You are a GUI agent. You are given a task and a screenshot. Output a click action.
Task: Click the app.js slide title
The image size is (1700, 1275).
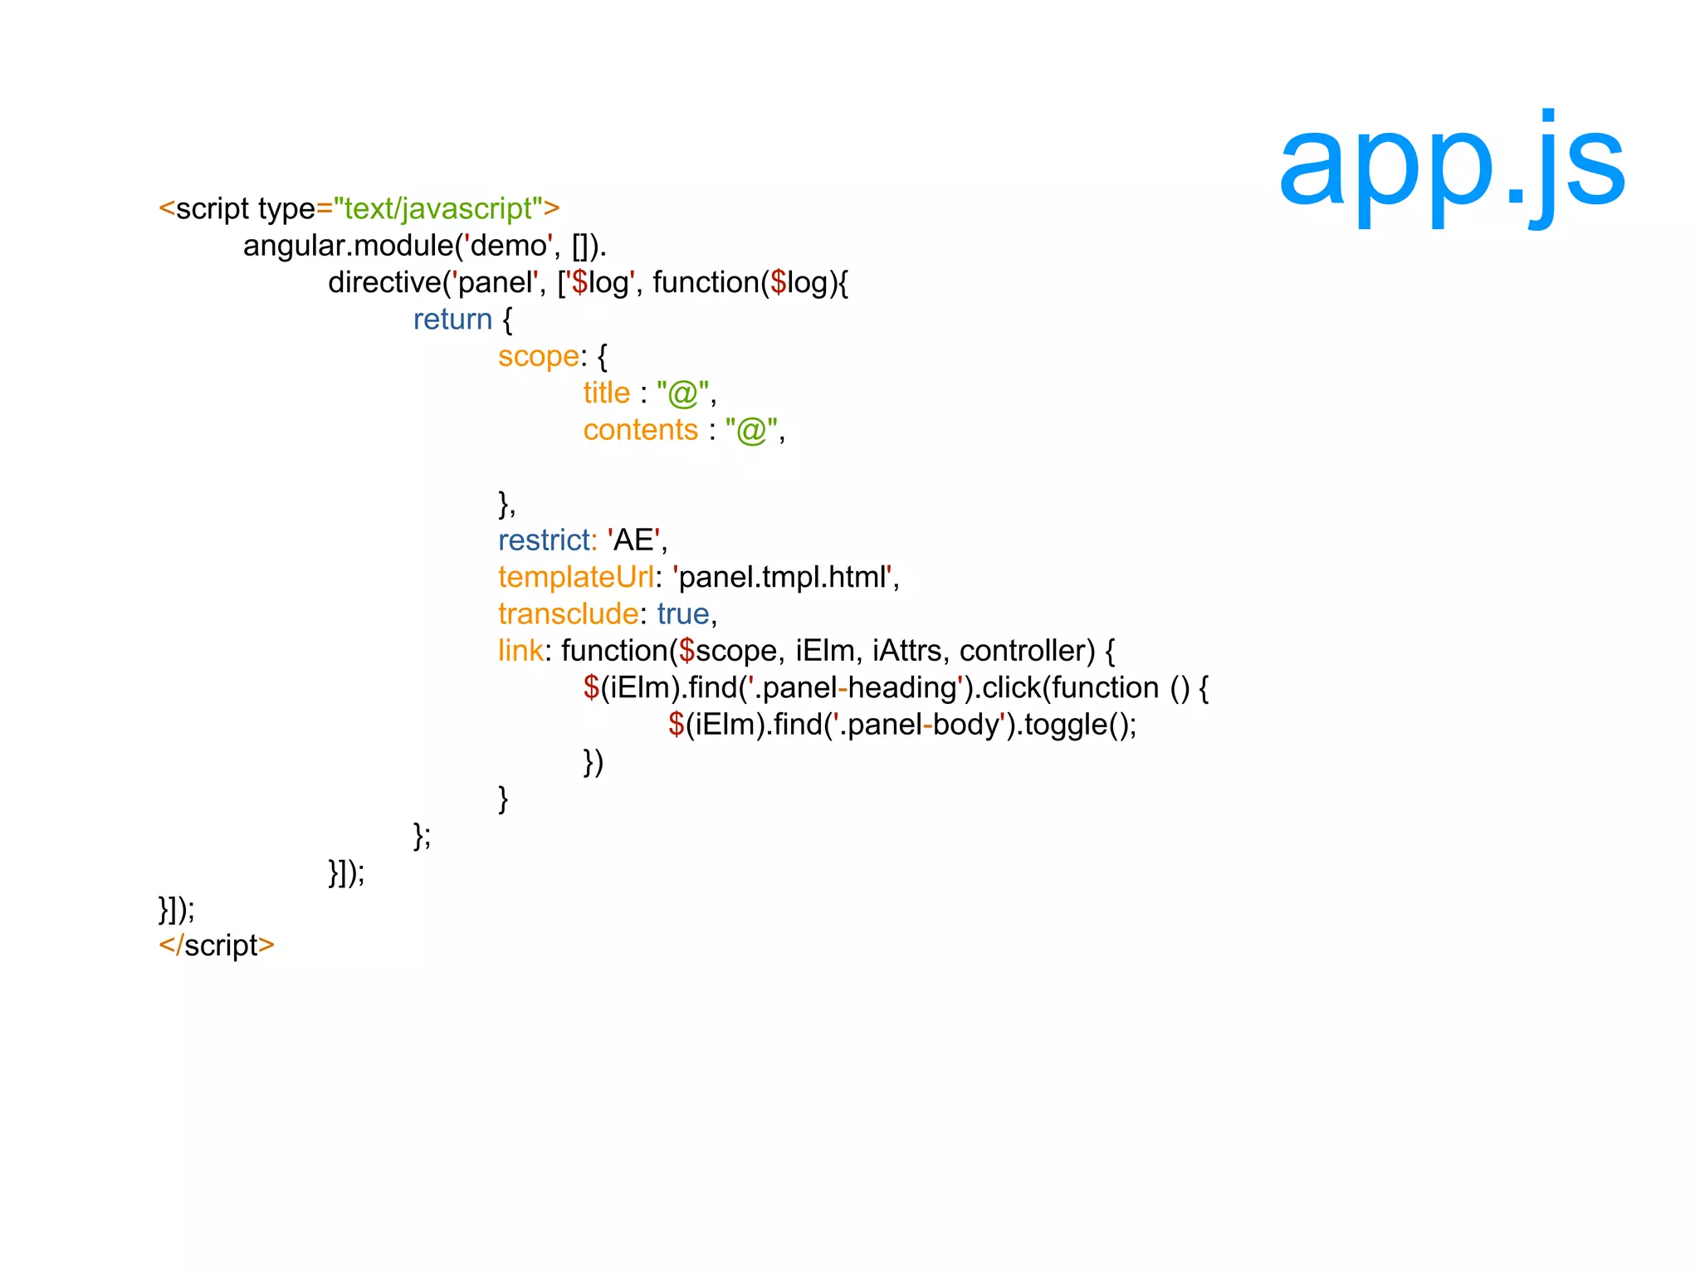[x=1451, y=166]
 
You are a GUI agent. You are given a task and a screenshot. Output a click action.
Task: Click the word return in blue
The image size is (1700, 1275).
[x=452, y=320]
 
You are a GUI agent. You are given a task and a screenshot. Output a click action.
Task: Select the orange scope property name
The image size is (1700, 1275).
[x=538, y=357]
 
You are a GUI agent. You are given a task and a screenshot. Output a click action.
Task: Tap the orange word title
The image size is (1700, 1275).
[x=606, y=393]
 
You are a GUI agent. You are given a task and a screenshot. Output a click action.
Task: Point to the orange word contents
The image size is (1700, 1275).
[x=640, y=430]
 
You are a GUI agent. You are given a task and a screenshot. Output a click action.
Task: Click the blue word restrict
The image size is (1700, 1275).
[x=545, y=540]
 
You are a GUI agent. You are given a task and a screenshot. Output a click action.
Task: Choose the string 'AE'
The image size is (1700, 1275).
[x=634, y=540]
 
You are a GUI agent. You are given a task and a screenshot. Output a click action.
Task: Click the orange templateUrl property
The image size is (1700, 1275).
[x=575, y=577]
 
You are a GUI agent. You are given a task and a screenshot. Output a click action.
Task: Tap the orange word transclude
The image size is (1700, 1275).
[x=568, y=614]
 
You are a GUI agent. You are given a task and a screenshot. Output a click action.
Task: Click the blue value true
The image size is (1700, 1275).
[x=683, y=614]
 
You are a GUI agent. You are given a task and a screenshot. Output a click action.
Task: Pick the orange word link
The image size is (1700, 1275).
[x=520, y=651]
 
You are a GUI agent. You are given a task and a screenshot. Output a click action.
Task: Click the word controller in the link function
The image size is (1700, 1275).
[x=1027, y=651]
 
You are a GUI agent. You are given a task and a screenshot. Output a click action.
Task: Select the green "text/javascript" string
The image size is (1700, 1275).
[x=438, y=208]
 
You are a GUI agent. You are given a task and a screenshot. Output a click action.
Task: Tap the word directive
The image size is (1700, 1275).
[x=383, y=283]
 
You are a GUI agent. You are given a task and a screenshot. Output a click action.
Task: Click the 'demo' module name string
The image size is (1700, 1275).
[x=508, y=246]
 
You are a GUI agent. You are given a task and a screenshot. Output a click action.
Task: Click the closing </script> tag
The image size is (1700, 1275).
[x=217, y=945]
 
